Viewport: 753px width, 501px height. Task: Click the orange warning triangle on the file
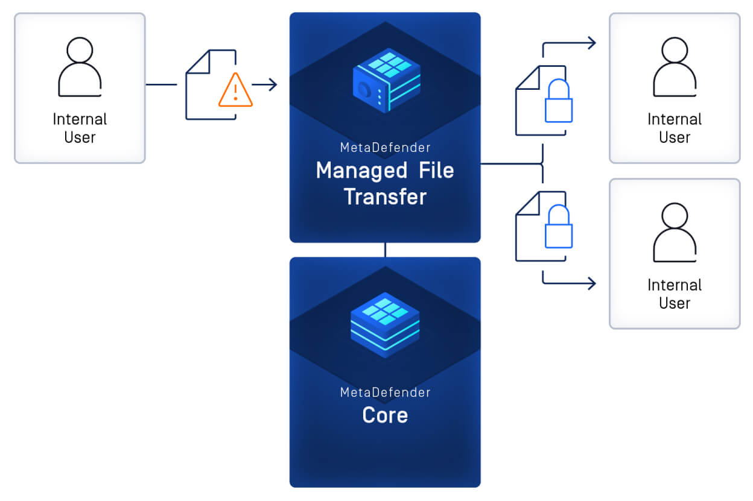click(x=235, y=90)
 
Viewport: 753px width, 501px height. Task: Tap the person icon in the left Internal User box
click(x=80, y=67)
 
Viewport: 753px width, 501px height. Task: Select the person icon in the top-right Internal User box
click(x=675, y=67)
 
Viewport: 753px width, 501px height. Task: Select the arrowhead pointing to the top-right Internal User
click(x=591, y=43)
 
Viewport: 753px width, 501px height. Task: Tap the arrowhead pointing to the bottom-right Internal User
click(x=591, y=283)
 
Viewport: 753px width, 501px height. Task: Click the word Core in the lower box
click(x=385, y=415)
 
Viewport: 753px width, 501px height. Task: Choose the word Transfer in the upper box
click(x=385, y=197)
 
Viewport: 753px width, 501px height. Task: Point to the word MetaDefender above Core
click(x=385, y=392)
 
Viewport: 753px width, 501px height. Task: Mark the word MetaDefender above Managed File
click(x=385, y=148)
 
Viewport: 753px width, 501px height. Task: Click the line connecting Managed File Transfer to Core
click(x=385, y=250)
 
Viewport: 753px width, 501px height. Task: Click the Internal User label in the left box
click(x=80, y=128)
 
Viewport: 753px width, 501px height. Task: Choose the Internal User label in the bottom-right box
click(x=675, y=294)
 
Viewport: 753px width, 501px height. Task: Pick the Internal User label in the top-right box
click(x=675, y=128)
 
